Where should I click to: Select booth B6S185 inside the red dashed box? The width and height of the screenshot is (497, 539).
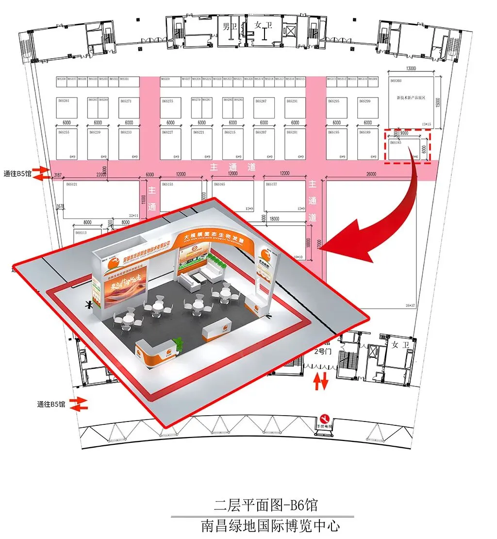(404, 148)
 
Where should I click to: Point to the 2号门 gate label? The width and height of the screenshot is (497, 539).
(323, 352)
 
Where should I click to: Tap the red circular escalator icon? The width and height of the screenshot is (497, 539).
(325, 418)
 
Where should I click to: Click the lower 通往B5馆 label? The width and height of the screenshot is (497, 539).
(51, 404)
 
